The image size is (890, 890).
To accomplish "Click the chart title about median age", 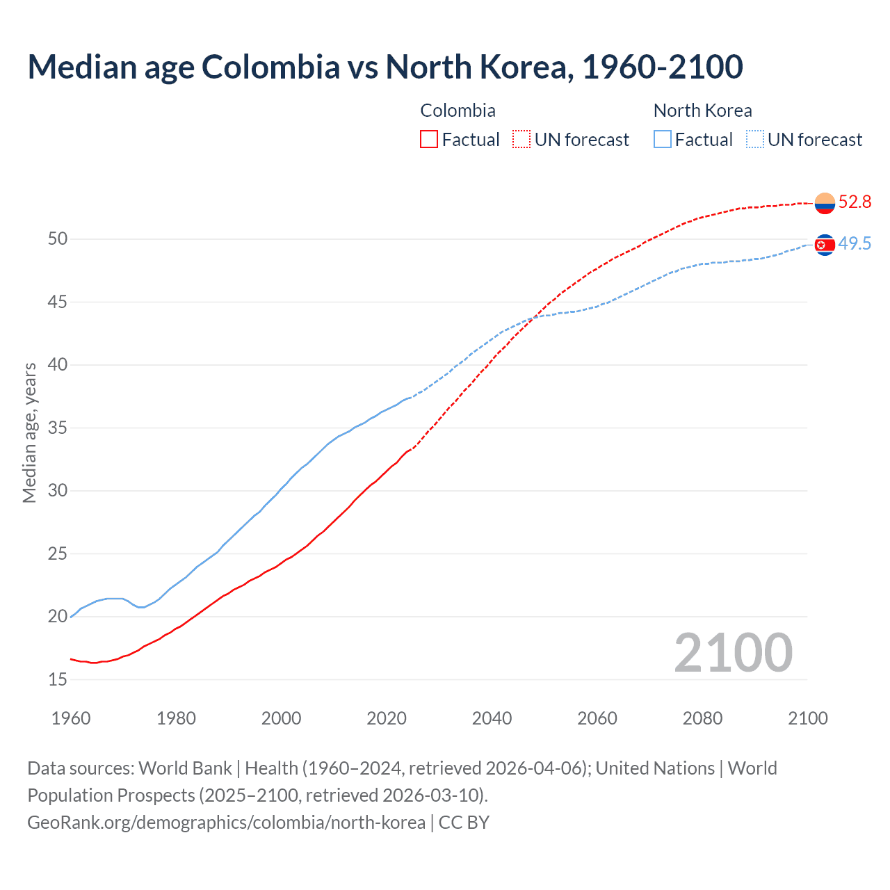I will (385, 67).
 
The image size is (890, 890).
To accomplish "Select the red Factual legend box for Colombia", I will (429, 140).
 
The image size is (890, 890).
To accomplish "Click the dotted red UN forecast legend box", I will (521, 140).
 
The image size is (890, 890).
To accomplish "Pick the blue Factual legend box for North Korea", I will (663, 140).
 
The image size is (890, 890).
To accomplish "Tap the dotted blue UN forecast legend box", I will (755, 140).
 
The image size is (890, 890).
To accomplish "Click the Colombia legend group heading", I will (458, 111).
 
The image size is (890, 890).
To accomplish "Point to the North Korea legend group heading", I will (702, 111).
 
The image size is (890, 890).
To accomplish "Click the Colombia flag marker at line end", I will (825, 203).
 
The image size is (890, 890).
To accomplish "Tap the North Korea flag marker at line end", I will (825, 245).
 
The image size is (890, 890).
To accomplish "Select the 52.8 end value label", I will (855, 202).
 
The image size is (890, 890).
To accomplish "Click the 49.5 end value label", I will (855, 244).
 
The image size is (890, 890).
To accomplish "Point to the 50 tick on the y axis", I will (58, 239).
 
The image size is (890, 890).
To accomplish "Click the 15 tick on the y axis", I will (58, 679).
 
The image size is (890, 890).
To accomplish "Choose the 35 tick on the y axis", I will (58, 428).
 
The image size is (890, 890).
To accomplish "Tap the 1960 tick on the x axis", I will (71, 718).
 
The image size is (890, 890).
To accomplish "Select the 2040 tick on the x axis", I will (492, 718).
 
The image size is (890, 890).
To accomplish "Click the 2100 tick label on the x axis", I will (808, 718).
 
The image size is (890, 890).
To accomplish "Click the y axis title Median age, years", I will (29, 432).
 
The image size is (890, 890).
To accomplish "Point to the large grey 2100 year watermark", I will (733, 652).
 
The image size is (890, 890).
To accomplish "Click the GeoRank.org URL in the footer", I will (226, 823).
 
